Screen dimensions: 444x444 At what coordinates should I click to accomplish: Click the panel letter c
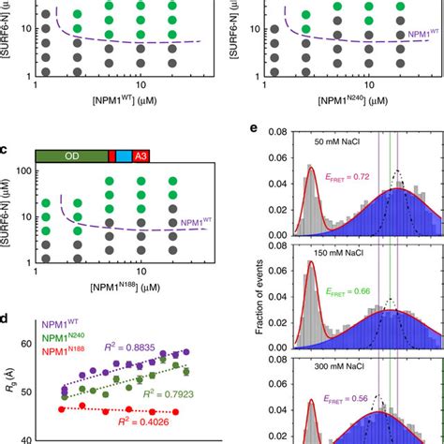tap(7, 150)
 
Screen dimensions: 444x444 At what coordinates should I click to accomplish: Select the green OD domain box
tap(71, 157)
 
